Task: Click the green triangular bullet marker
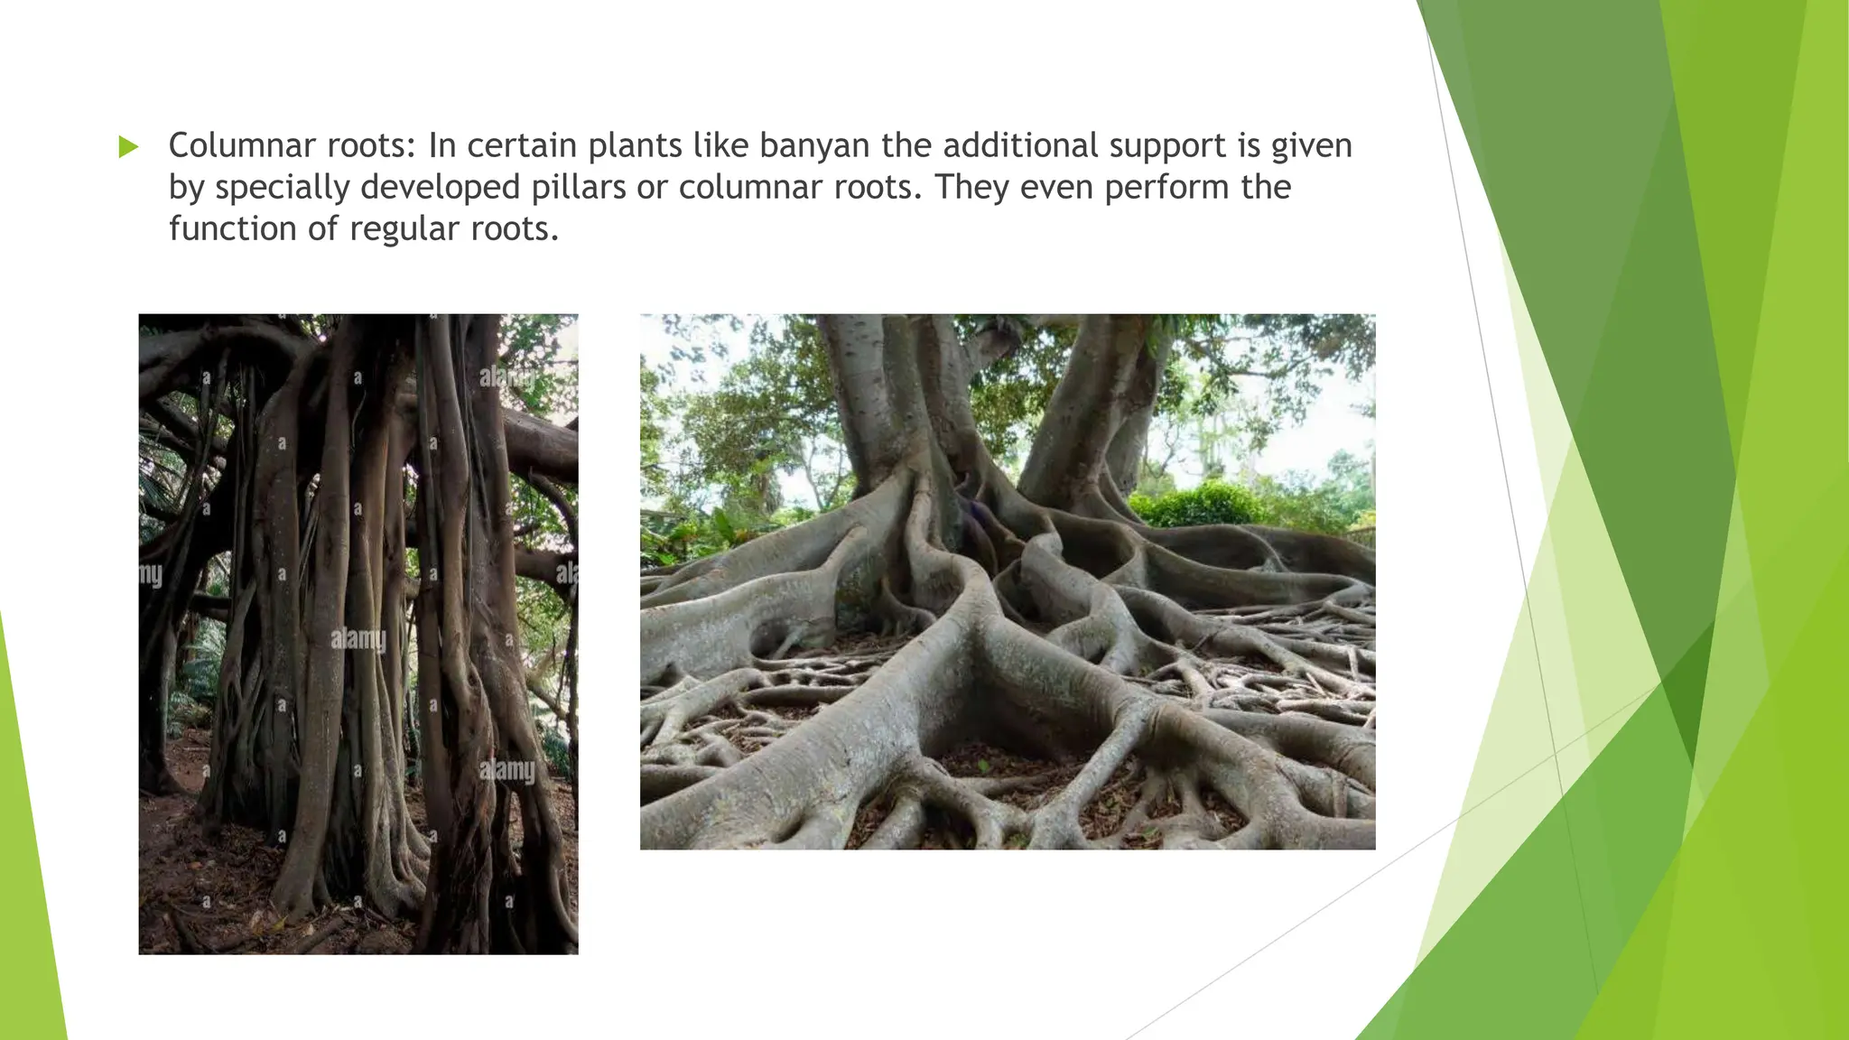click(128, 147)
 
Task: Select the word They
click(971, 187)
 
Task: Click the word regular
click(404, 230)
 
